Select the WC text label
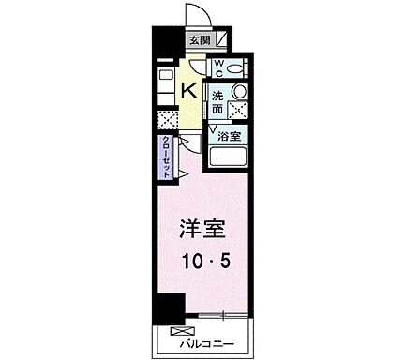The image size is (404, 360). [217, 67]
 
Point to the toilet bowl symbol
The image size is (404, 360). [234, 67]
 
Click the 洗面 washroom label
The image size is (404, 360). [217, 102]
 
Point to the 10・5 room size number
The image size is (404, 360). [203, 263]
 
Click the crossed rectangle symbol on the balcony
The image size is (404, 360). [178, 329]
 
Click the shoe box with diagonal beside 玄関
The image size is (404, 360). [220, 40]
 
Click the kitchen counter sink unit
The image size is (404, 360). [166, 85]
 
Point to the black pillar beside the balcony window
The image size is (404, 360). [167, 308]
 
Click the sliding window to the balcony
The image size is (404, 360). [216, 313]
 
